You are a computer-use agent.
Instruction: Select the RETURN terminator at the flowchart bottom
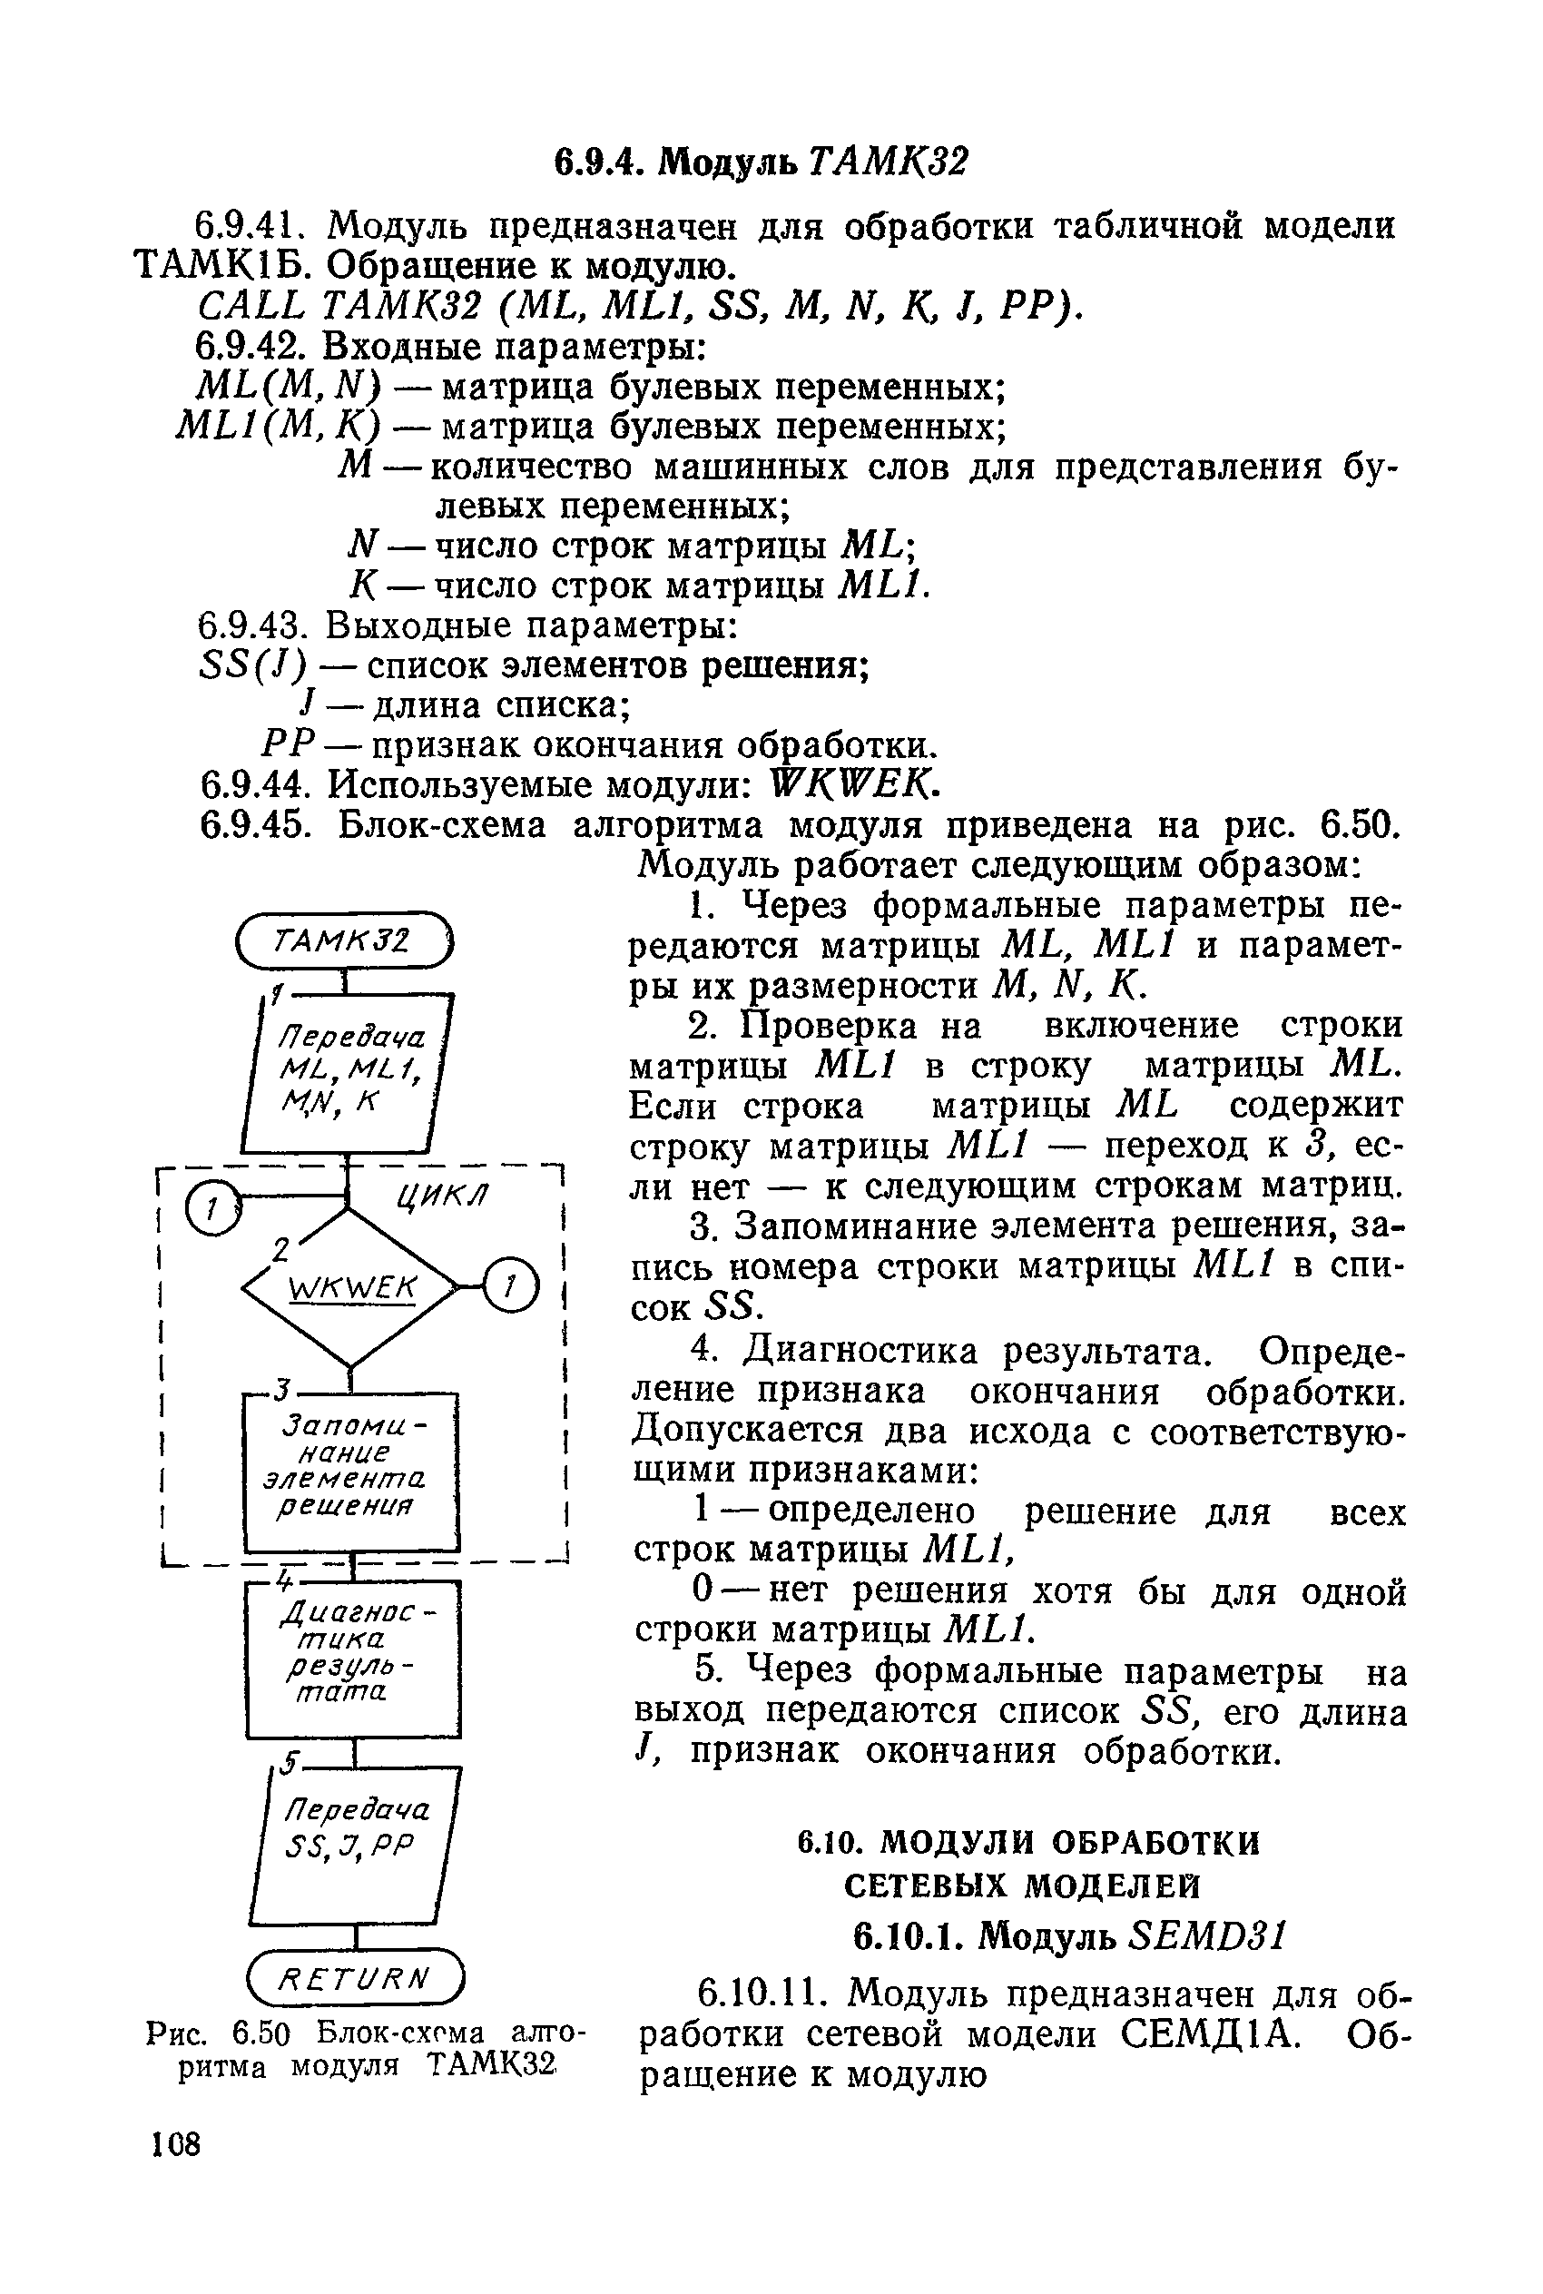(355, 1977)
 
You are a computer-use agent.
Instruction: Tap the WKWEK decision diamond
(351, 1288)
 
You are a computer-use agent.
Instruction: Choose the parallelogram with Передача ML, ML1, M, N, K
(348, 1074)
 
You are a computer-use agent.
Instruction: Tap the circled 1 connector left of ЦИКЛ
(213, 1207)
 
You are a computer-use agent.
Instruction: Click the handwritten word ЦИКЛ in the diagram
(441, 1196)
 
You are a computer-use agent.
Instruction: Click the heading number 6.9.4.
(599, 162)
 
